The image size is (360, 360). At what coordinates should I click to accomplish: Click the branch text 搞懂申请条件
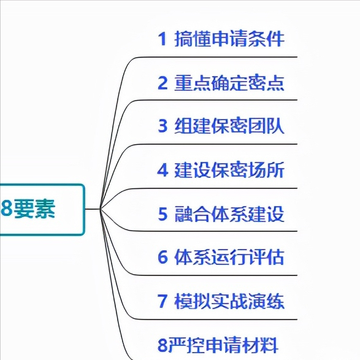click(229, 39)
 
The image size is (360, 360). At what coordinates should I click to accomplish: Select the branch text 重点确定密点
click(229, 83)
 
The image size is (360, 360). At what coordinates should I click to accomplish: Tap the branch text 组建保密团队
click(229, 126)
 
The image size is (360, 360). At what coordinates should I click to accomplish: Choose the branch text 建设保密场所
click(229, 170)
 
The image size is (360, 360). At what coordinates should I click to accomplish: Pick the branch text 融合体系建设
click(229, 214)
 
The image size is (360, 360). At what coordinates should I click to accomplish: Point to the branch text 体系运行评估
click(229, 257)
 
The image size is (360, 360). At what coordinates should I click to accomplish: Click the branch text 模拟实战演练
click(229, 301)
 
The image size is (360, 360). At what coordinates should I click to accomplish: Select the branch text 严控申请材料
click(223, 345)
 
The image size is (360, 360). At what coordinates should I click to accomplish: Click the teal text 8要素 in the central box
click(28, 209)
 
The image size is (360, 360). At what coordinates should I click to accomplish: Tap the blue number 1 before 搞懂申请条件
click(163, 39)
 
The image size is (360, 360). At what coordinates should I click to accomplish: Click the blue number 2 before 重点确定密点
click(163, 83)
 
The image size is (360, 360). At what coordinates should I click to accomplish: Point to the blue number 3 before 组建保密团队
click(163, 126)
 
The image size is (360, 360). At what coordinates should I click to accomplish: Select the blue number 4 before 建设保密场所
click(163, 170)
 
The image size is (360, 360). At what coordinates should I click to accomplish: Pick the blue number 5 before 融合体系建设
click(163, 214)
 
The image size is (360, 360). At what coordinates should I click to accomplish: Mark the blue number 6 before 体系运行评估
click(163, 257)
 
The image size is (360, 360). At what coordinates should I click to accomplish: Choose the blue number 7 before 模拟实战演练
click(163, 301)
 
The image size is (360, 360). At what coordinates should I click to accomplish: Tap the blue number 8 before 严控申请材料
click(162, 345)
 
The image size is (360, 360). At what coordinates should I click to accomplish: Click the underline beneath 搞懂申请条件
click(216, 56)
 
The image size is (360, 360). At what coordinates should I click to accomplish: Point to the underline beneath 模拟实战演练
click(216, 320)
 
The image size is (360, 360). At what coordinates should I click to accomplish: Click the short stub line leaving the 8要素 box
click(93, 209)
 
